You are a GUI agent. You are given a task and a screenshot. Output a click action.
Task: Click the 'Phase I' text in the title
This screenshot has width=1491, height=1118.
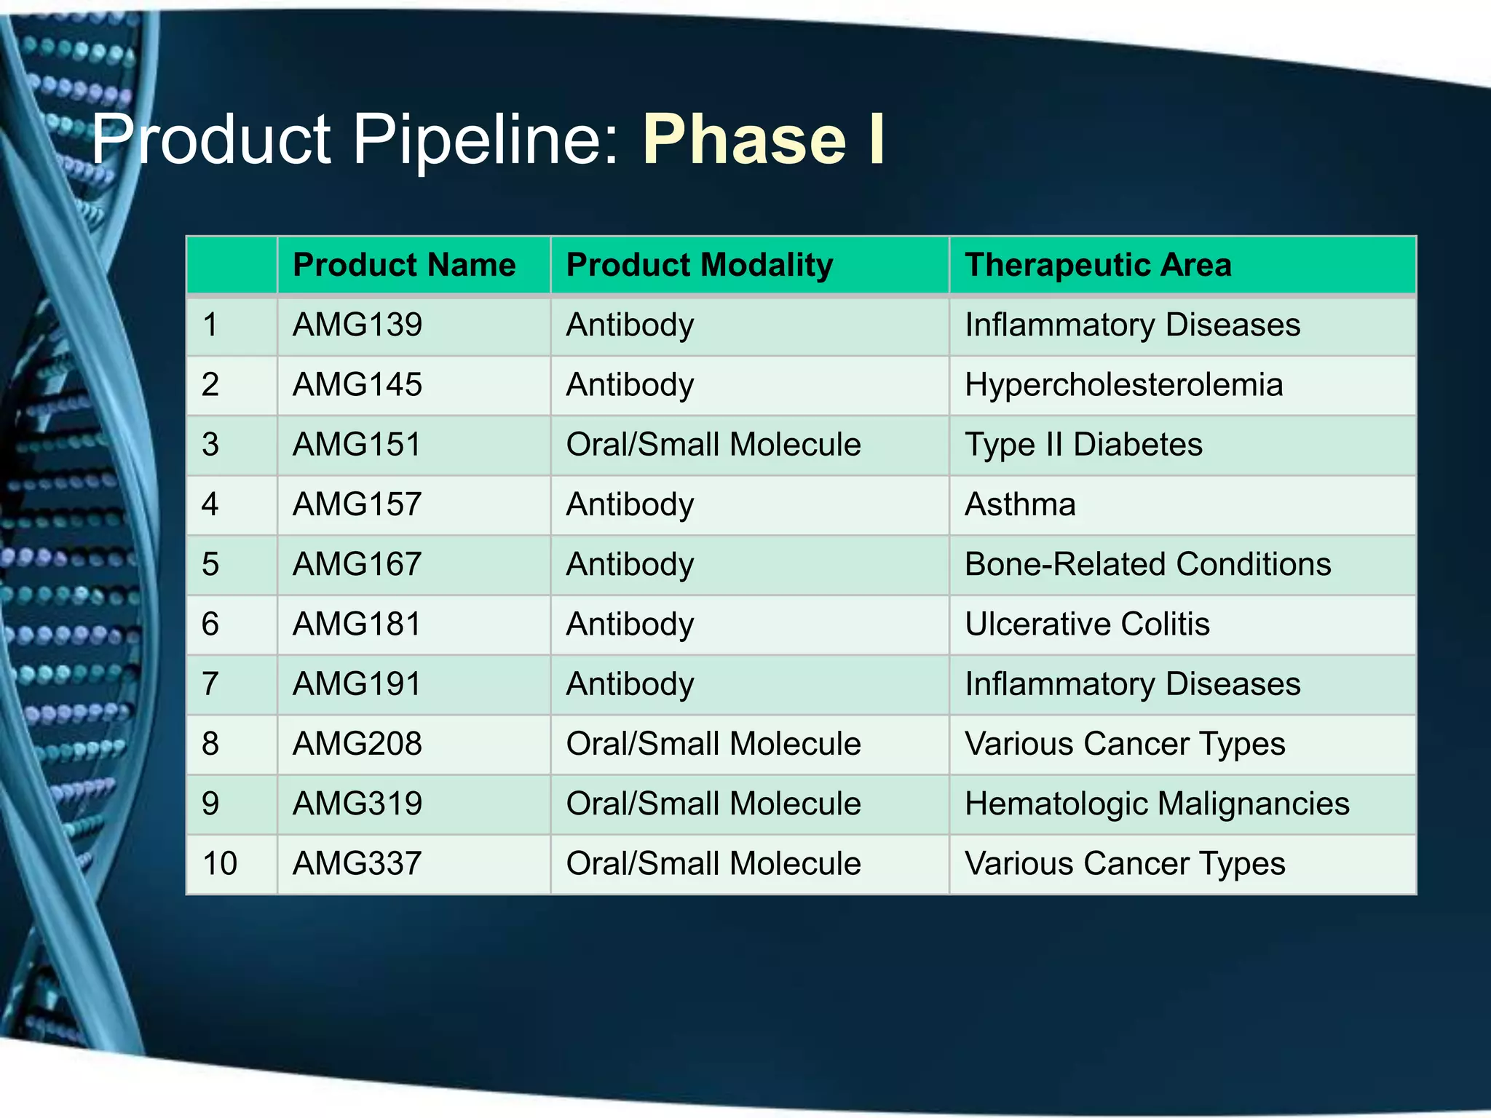[x=763, y=140]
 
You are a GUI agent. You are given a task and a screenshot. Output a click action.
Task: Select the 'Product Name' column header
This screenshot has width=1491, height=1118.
[x=404, y=265]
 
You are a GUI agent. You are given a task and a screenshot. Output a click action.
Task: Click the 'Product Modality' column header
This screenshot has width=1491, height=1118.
[x=700, y=265]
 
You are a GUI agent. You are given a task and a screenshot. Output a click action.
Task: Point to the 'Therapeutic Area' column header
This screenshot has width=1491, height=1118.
[x=1098, y=265]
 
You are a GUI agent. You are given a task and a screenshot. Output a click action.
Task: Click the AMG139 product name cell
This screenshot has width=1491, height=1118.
[x=357, y=325]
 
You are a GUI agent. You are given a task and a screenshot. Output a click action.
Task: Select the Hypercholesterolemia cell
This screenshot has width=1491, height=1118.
[x=1123, y=385]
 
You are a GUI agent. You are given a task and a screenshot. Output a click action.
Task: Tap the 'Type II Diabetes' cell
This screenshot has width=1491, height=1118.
[x=1083, y=445]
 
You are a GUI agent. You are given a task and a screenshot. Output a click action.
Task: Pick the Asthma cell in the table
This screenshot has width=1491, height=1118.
[x=1020, y=504]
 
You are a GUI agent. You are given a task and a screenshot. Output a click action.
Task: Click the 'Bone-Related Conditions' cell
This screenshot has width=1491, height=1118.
[x=1147, y=564]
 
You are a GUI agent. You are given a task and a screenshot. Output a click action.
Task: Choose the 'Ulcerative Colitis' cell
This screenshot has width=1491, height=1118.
[x=1087, y=625]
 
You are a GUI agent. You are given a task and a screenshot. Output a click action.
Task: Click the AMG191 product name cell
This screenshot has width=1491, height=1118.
[x=357, y=684]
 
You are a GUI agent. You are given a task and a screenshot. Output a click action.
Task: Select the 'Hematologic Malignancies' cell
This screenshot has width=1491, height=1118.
[x=1157, y=804]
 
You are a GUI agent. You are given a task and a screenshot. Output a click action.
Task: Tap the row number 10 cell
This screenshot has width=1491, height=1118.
[x=220, y=864]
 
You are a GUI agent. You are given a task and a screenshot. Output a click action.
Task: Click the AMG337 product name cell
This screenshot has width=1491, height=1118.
[x=357, y=864]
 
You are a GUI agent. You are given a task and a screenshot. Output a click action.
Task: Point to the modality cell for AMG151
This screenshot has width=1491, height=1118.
[x=713, y=445]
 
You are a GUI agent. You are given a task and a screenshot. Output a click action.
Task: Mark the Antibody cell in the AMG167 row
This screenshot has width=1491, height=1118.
[x=630, y=564]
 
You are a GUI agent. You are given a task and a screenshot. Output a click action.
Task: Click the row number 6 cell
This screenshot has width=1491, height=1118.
[x=210, y=625]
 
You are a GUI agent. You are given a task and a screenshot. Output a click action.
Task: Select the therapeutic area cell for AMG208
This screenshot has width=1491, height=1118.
[x=1125, y=744]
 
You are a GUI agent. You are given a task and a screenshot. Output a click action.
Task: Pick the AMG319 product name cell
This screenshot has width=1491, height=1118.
[x=357, y=804]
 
